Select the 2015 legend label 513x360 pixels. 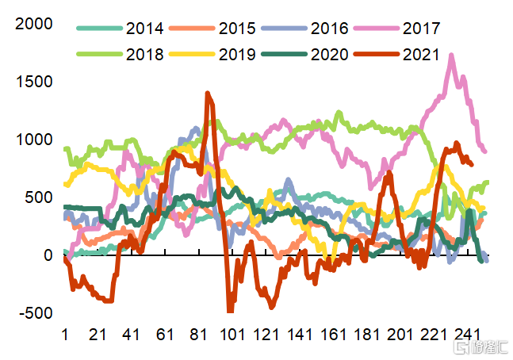(x=237, y=29)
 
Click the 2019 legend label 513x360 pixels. (x=237, y=55)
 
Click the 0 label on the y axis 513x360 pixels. (x=48, y=255)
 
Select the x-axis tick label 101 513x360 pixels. (x=232, y=335)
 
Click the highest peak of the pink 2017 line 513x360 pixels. (x=451, y=56)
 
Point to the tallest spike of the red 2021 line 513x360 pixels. (x=208, y=94)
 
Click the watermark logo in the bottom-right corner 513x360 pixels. (x=473, y=347)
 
